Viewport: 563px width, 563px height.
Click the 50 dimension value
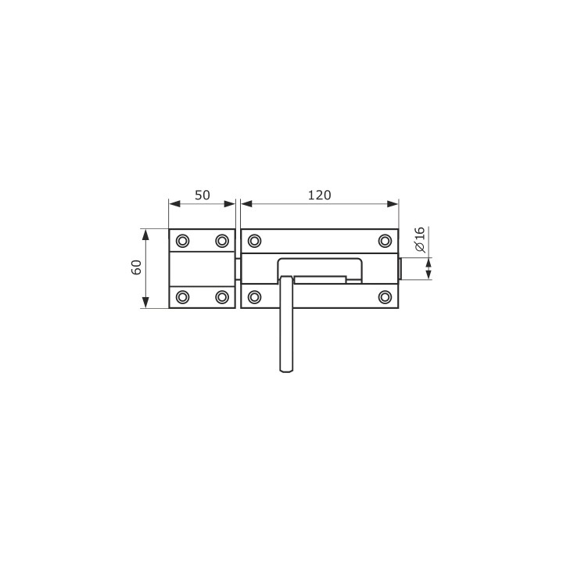[x=203, y=195]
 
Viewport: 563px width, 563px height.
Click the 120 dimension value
[x=320, y=195]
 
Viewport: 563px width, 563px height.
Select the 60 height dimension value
[x=136, y=267]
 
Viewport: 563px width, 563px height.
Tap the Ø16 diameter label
[x=419, y=239]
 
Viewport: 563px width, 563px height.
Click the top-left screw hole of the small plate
[x=183, y=241]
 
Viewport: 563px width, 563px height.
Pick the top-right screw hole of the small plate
[x=222, y=241]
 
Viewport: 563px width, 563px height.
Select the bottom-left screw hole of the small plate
[x=183, y=297]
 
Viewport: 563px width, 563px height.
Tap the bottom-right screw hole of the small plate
[x=222, y=297]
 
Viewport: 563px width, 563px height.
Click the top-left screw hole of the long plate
[x=255, y=241]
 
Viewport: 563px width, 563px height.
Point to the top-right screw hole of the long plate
[x=385, y=241]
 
